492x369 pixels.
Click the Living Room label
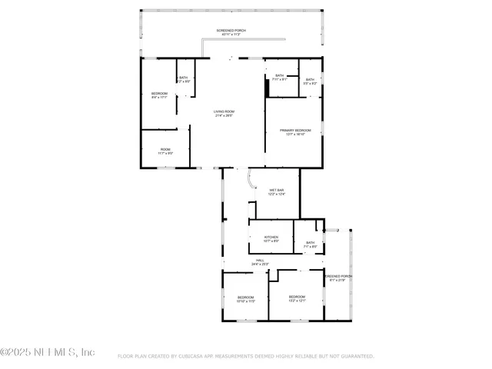[x=224, y=111]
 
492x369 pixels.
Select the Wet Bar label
[x=277, y=190]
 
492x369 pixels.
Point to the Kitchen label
[x=271, y=237]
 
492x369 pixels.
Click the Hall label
[x=260, y=261]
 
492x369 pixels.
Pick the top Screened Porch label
[x=231, y=30]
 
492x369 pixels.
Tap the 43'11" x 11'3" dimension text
[x=231, y=35]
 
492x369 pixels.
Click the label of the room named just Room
[x=165, y=149]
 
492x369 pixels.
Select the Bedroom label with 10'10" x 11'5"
[x=245, y=297]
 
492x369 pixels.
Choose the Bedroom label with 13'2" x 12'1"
[x=297, y=297]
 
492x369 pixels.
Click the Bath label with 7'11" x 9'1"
[x=279, y=75]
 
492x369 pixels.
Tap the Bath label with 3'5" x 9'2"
[x=310, y=79]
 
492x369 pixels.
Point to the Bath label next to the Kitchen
[x=310, y=243]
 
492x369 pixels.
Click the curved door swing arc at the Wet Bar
[x=251, y=179]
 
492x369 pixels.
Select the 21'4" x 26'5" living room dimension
[x=224, y=116]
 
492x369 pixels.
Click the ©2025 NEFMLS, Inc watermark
[x=48, y=352]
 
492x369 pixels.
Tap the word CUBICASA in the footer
[x=192, y=357]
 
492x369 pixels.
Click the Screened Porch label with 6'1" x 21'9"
[x=338, y=276]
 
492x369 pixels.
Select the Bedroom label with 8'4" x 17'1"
[x=159, y=94]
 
